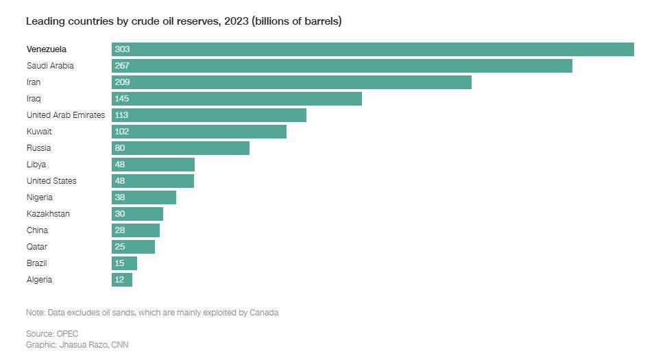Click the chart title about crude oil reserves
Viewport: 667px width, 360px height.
point(184,21)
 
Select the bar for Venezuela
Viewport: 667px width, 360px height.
point(372,49)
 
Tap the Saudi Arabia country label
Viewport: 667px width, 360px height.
point(49,66)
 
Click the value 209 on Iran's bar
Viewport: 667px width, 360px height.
point(123,82)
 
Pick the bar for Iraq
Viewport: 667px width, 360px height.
point(237,99)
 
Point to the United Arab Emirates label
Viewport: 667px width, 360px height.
point(66,115)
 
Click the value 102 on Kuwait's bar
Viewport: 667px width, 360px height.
point(123,132)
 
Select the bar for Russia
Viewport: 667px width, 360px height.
point(180,148)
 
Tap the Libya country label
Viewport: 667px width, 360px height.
point(36,165)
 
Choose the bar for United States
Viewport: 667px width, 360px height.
point(153,181)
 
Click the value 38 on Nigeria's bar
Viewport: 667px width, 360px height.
point(120,197)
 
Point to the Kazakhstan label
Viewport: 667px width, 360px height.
point(48,214)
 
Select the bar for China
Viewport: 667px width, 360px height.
point(136,230)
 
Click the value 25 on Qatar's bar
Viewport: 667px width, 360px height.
point(120,247)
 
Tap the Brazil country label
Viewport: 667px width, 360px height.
point(36,263)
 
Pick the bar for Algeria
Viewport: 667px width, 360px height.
point(122,280)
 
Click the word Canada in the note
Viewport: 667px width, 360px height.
point(265,313)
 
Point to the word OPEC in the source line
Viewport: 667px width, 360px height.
point(66,334)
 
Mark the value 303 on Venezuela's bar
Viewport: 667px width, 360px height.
point(123,49)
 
